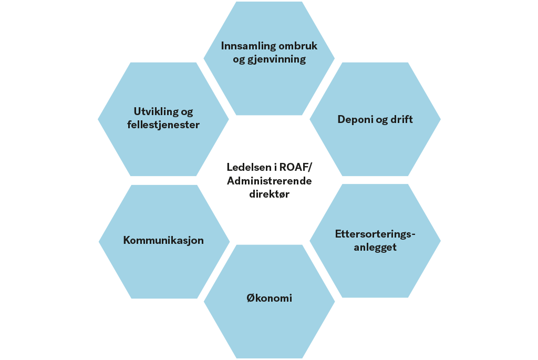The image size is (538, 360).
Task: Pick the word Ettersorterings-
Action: coord(375,234)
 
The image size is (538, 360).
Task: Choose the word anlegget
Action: coord(375,247)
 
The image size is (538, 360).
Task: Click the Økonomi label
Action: coord(270,297)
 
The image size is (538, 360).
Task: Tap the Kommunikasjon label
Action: coord(163,240)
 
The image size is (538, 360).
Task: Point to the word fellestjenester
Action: coord(163,125)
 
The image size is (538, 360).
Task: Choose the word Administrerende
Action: coord(270,180)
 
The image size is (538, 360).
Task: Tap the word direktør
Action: coord(270,194)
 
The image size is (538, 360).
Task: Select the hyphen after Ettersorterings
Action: coord(413,235)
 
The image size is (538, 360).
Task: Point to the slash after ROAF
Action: coord(310,168)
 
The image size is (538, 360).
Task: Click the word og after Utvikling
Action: coord(187,112)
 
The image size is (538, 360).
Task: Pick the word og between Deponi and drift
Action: coord(381,120)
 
